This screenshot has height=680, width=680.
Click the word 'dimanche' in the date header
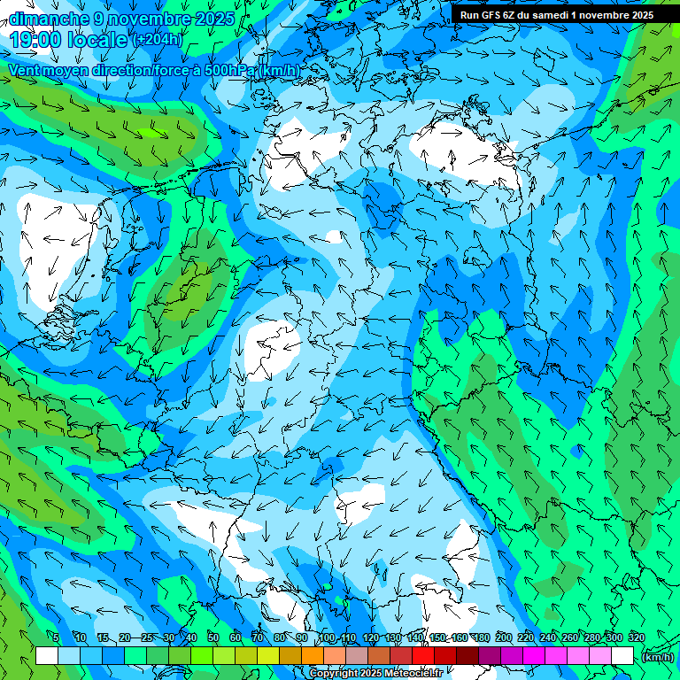pos(49,19)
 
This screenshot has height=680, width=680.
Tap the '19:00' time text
pos(35,40)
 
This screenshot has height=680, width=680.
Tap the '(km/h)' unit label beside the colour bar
pos(657,657)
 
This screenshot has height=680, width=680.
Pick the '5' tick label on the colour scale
pos(55,637)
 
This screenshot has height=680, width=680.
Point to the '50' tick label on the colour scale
pos(213,637)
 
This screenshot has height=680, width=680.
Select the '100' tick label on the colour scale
pos(327,637)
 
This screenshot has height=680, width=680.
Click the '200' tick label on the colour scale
pos(504,637)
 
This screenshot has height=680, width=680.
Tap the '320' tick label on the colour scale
pos(636,637)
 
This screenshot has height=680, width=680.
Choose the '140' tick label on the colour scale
pos(415,637)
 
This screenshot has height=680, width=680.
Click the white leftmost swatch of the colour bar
pos(46,656)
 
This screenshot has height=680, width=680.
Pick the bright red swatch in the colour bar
pos(423,656)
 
